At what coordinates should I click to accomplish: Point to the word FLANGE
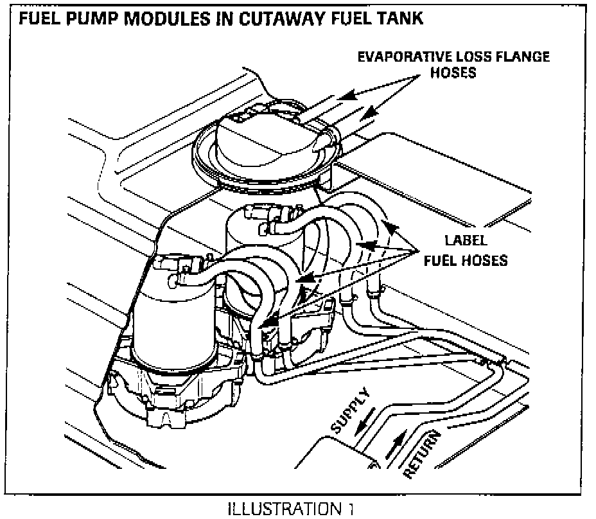[x=521, y=57]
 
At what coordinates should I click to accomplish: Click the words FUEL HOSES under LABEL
[x=468, y=260]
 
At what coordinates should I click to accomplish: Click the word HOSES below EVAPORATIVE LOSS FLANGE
[x=453, y=73]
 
